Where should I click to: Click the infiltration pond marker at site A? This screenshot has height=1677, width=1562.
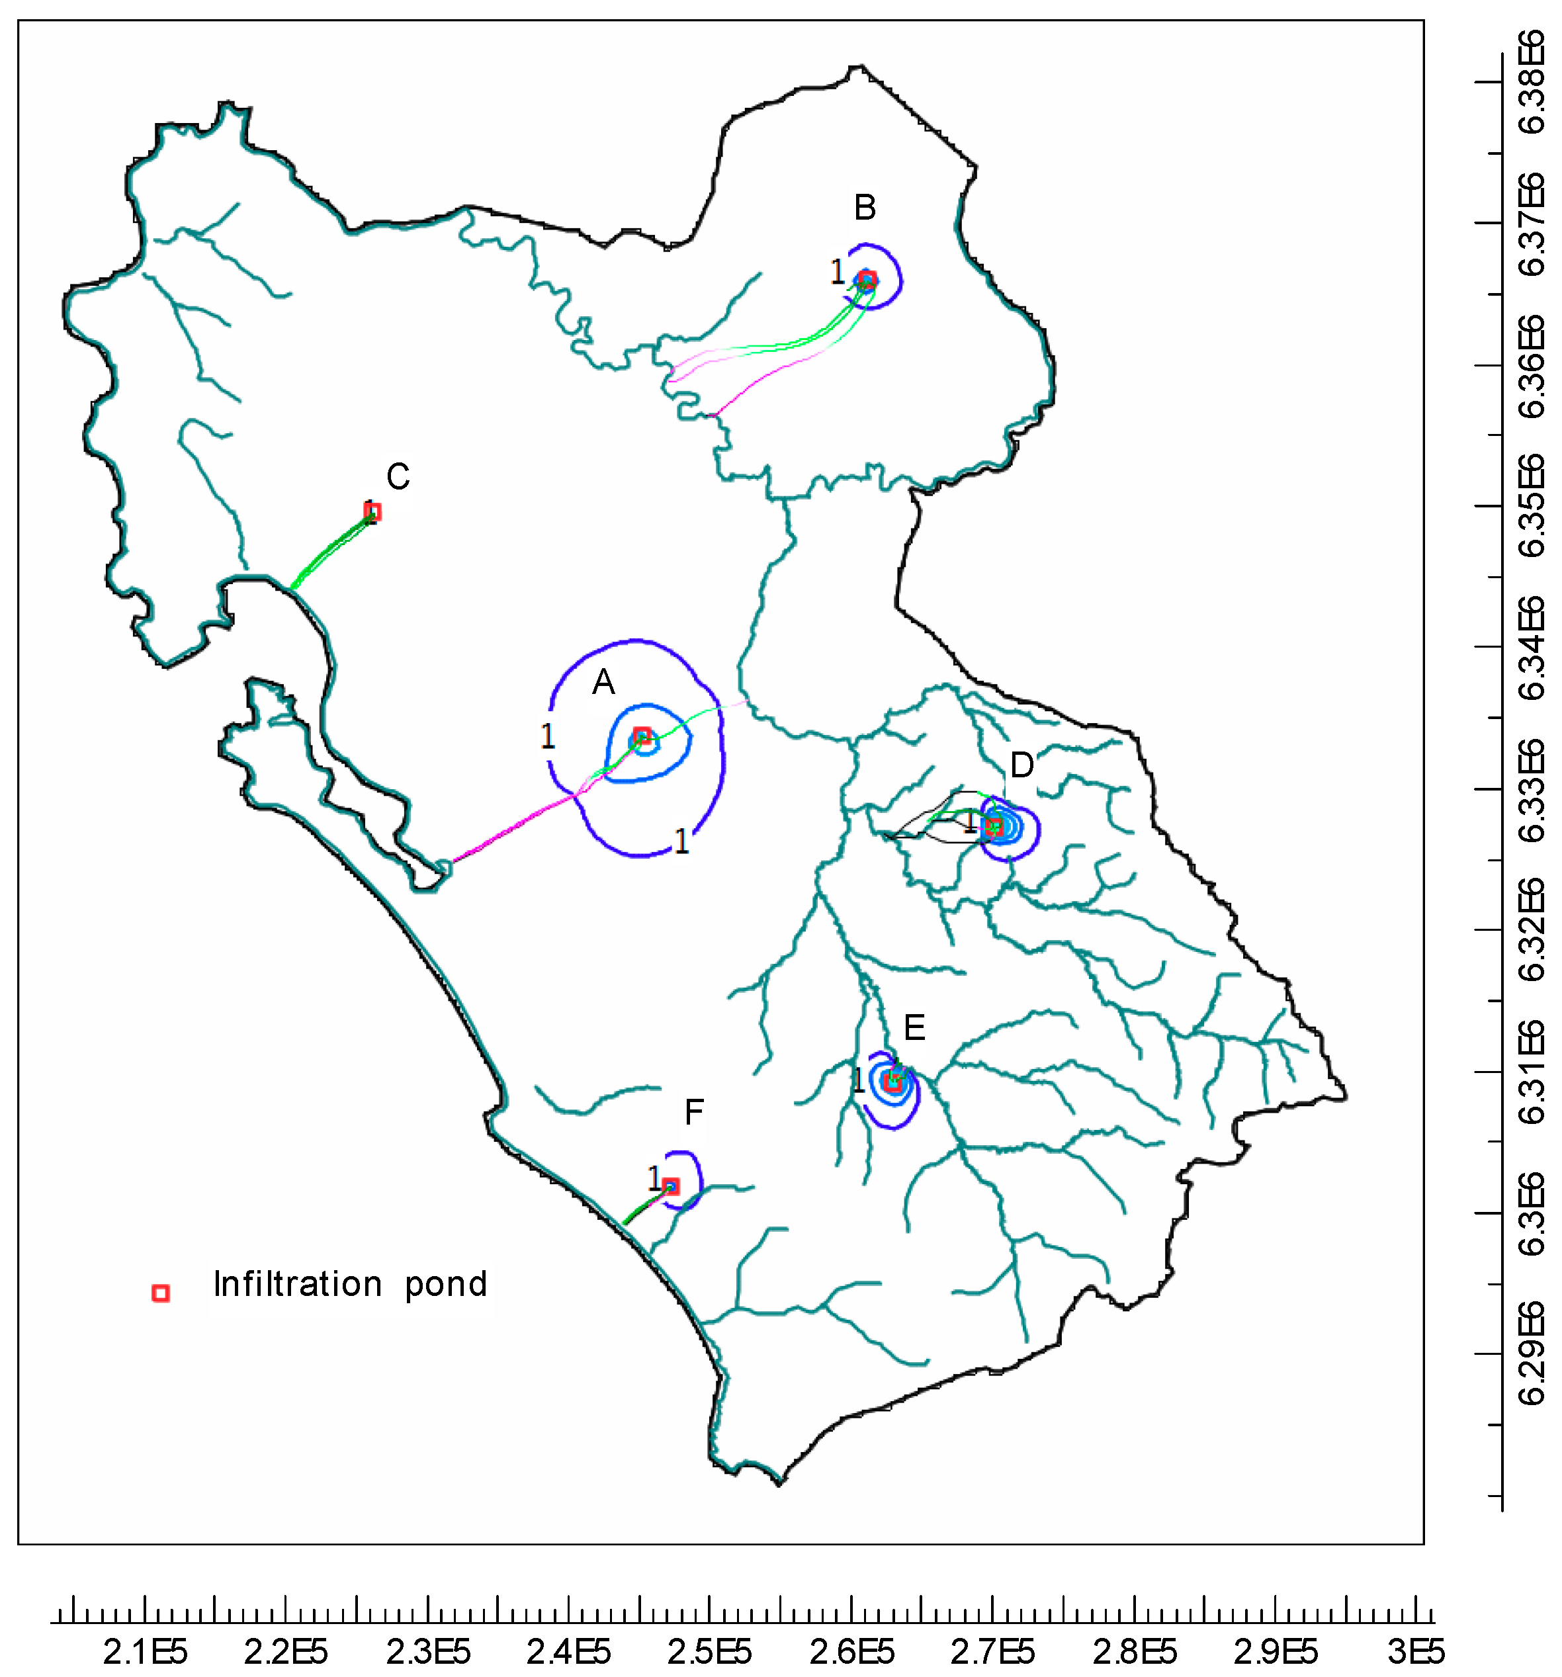coord(642,735)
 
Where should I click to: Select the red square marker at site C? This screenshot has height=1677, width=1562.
coord(372,511)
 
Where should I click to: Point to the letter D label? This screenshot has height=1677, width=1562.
coord(1021,765)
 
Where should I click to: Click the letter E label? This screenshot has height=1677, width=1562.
coord(914,1028)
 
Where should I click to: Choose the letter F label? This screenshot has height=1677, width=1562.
coord(693,1113)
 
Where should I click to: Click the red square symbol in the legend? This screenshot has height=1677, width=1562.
coord(160,1293)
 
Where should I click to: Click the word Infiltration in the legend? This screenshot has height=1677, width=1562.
coord(298,1285)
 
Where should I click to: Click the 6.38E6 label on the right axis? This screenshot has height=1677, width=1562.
coord(1532,82)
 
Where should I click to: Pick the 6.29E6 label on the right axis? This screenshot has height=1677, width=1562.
coord(1532,1355)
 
